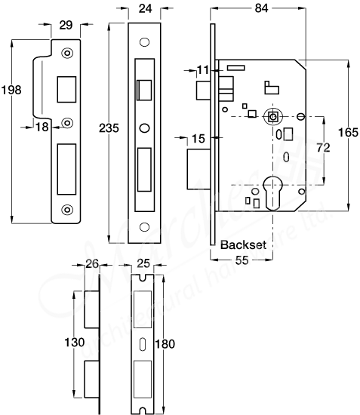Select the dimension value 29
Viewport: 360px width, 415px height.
[66, 26]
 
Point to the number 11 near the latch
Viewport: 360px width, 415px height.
[202, 70]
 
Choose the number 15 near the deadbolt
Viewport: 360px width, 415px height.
[198, 138]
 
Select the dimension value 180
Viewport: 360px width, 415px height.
[165, 344]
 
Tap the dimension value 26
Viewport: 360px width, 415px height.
[92, 264]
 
